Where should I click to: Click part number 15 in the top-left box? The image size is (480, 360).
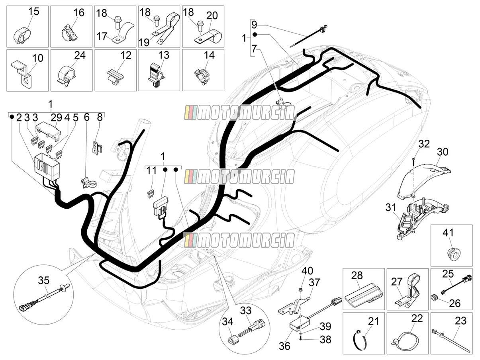pos(34,12)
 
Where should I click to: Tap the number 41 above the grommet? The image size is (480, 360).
pos(448,233)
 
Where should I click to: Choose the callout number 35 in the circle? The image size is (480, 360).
pos(44,280)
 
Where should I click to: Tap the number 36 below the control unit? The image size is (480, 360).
pos(284,346)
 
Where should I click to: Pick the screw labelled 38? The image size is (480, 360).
pos(300,339)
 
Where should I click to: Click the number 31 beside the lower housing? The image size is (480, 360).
pos(391,207)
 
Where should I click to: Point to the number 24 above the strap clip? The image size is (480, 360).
pos(80,55)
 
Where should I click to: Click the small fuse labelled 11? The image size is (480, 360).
pos(150,194)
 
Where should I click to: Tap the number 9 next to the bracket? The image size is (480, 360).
pos(254,24)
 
